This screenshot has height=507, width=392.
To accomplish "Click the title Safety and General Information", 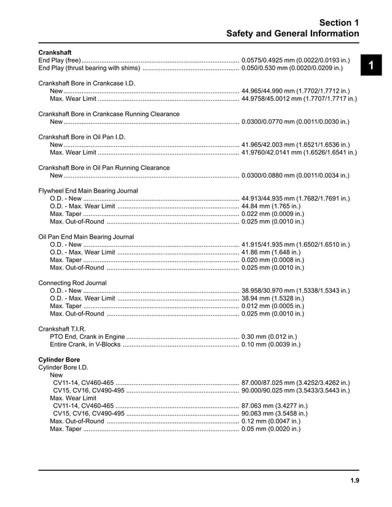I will pyautogui.click(x=292, y=33).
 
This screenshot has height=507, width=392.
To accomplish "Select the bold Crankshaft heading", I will pyautogui.click(x=55, y=52).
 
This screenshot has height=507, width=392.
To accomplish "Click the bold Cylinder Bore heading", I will pyautogui.click(x=59, y=359).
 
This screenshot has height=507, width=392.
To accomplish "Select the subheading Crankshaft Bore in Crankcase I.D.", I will pyautogui.click(x=87, y=83).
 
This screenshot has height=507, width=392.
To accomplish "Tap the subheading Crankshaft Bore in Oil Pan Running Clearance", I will pyautogui.click(x=104, y=168).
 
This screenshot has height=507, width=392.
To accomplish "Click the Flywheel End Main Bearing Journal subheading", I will pyautogui.click(x=88, y=191).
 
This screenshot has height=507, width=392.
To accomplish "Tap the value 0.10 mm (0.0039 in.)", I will pyautogui.click(x=271, y=344).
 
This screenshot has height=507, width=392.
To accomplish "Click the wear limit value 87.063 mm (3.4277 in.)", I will pyautogui.click(x=275, y=406).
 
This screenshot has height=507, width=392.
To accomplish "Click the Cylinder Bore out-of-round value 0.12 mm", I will pyautogui.click(x=271, y=421).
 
